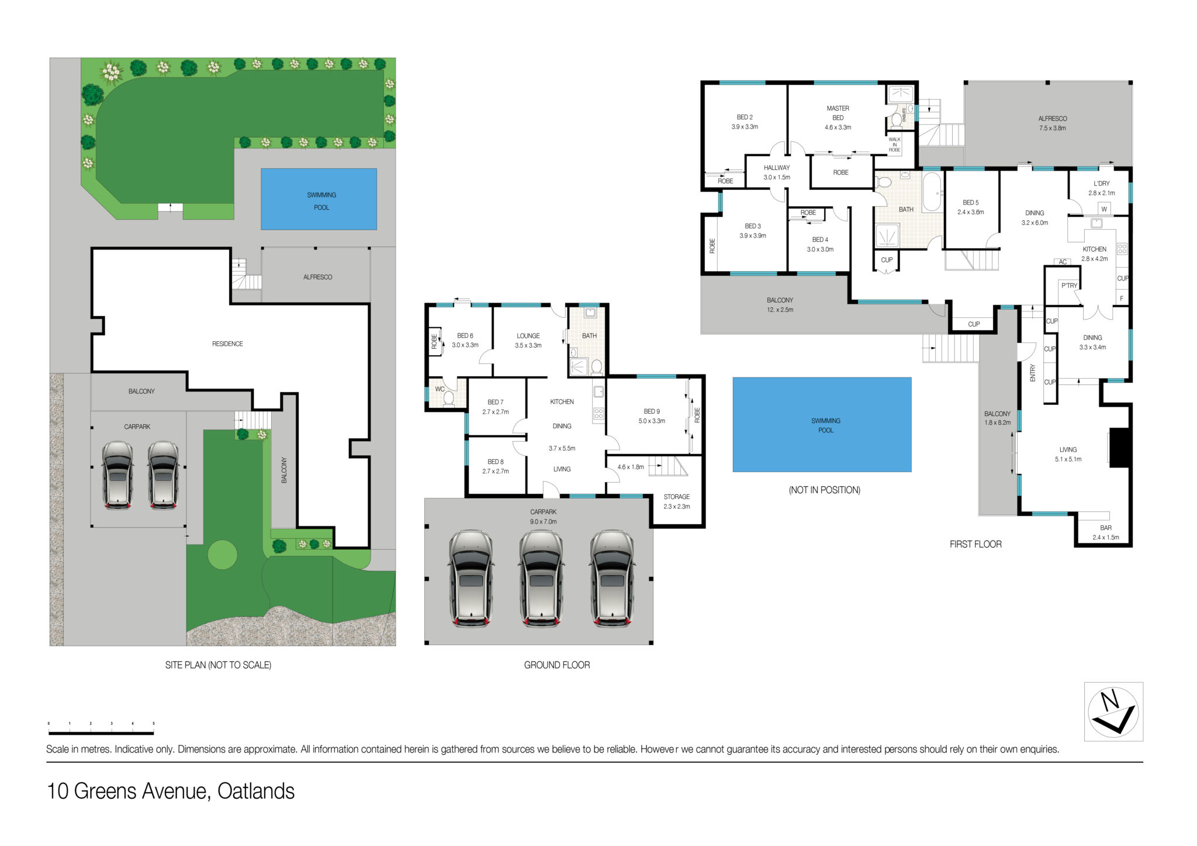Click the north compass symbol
coord(1113,712)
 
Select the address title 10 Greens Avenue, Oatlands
coord(171,791)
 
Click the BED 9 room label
coord(652,416)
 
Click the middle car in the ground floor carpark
coord(542,578)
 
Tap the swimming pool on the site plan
coord(319,199)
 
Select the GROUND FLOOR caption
coord(557,665)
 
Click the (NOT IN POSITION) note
coord(825,490)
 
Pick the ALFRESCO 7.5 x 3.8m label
coord(1052,123)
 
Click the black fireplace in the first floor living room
coord(1119,448)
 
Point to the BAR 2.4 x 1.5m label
coord(1106,532)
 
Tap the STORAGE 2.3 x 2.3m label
coord(677,501)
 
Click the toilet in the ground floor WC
coord(449,398)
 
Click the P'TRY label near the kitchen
coord(1069,286)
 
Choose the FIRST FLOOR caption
coord(975,544)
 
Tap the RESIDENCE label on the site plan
coord(227,344)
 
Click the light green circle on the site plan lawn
coord(223,554)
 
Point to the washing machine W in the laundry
coord(1104,209)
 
